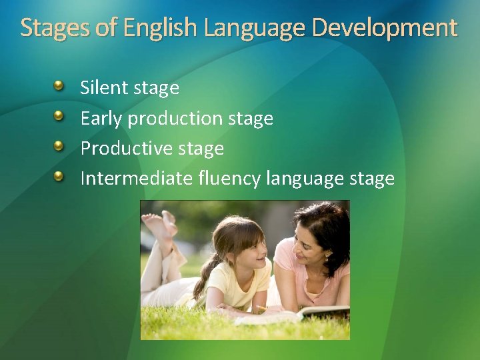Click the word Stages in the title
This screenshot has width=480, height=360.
51,28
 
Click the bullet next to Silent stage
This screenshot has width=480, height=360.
59,86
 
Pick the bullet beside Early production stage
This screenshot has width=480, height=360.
59,117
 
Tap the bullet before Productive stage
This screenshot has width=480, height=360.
59,147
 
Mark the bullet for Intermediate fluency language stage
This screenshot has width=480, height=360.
59,177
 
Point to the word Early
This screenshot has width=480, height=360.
101,119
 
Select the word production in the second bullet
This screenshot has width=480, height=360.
175,119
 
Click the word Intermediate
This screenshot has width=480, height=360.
137,178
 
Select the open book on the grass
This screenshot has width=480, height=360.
313,313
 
